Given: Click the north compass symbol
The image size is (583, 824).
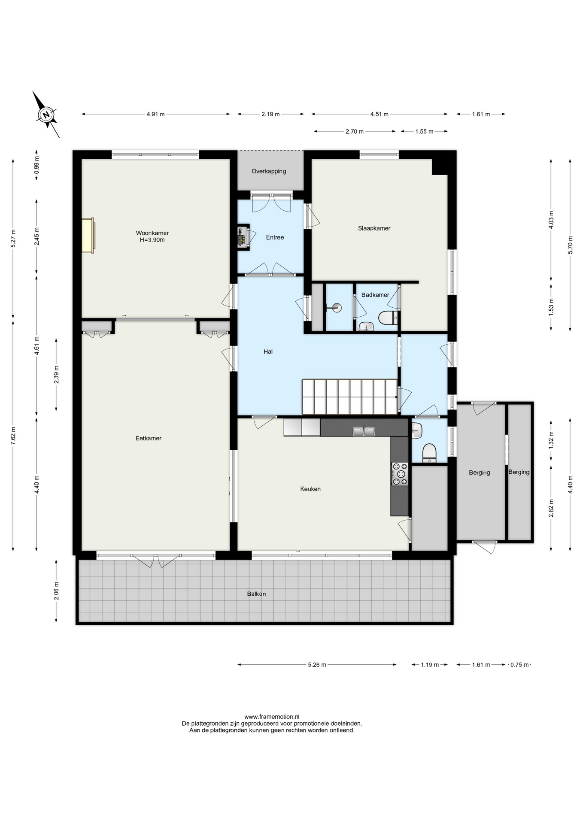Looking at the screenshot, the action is tap(46, 114).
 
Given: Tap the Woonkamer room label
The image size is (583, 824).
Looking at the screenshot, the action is tap(152, 233).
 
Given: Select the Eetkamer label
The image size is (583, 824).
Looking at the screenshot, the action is tap(149, 438).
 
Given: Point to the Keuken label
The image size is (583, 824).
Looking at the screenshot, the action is tap(310, 489).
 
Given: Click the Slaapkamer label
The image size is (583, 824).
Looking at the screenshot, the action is tap(374, 228).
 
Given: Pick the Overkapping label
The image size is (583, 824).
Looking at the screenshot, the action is tap(269, 171).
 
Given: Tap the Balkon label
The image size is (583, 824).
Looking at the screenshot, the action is tap(256, 594).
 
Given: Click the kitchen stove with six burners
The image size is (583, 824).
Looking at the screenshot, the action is tap(400, 474).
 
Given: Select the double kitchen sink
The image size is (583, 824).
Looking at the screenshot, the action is tap(364, 431).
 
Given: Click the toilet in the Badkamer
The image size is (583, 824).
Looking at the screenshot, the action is tap(388, 318).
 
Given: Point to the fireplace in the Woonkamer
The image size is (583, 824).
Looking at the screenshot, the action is tap(88, 235).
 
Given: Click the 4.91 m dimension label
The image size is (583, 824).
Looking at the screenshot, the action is tap(155, 114).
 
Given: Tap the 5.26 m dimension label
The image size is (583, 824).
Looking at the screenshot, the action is tap(317, 665).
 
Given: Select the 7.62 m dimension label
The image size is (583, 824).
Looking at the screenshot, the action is tap(13, 436).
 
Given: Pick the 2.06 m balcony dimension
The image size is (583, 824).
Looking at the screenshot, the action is tap(56, 591).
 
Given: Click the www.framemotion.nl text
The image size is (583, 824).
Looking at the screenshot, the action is tap(272, 717).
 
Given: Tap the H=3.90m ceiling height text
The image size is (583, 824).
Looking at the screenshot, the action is tap(152, 240).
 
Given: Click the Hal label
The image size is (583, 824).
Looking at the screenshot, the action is tap(268, 351).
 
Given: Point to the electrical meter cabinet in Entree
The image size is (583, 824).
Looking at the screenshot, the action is tap(243, 236).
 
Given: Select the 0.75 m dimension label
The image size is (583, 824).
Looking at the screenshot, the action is tap(519, 665).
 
